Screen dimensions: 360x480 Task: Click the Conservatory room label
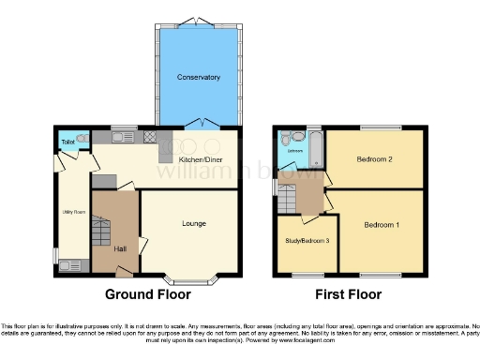(x=199, y=77)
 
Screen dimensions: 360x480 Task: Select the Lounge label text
(x=194, y=223)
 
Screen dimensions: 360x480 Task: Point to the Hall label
(x=120, y=248)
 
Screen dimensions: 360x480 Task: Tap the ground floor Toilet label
(x=67, y=142)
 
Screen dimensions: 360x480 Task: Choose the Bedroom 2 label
(x=374, y=159)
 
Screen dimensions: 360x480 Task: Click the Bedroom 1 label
(x=382, y=225)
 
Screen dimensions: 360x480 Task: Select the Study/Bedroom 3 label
(x=307, y=241)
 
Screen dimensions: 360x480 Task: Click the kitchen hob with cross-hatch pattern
(x=150, y=137)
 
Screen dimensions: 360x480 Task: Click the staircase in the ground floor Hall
(x=102, y=230)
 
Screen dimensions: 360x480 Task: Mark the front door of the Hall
(x=123, y=272)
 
